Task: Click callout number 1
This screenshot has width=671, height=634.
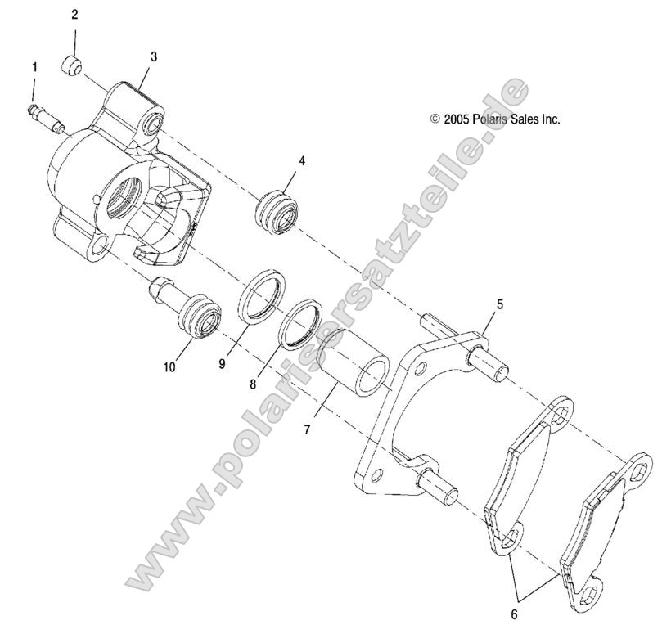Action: [x=34, y=66]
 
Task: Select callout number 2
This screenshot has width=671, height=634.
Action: [x=74, y=15]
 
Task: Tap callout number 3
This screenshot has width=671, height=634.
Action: [x=154, y=56]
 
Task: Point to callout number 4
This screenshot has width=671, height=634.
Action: [x=302, y=161]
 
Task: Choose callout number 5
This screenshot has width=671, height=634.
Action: [x=499, y=304]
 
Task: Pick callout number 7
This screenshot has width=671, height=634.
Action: [x=308, y=429]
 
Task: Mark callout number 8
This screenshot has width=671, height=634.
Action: [x=253, y=381]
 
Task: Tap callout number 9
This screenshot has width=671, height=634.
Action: [x=221, y=362]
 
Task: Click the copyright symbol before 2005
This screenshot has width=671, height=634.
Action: [x=435, y=119]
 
